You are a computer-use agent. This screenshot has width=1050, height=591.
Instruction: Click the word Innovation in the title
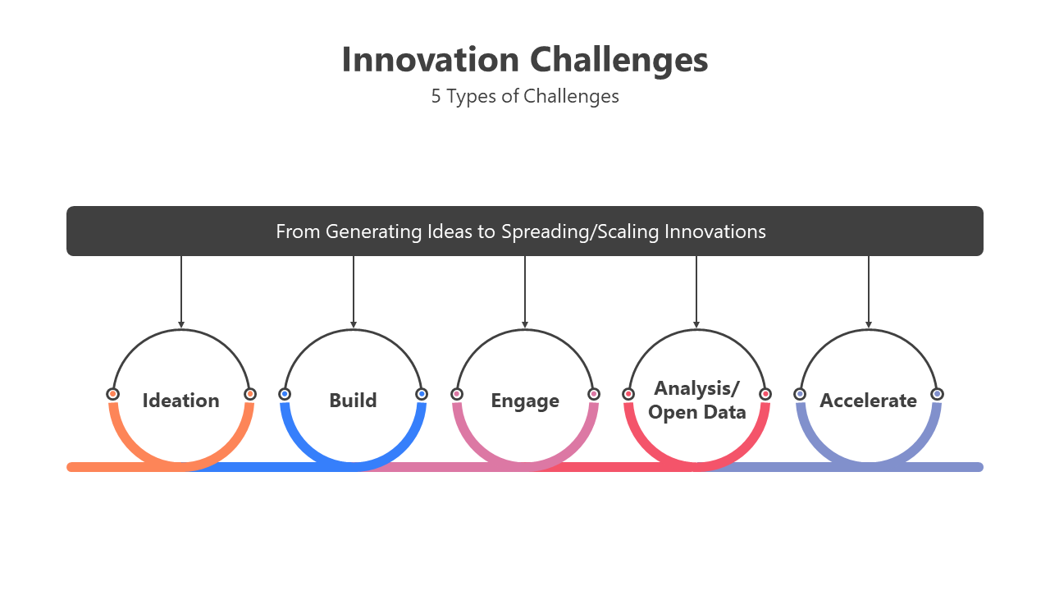431,60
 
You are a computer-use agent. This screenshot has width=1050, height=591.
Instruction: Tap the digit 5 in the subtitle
436,96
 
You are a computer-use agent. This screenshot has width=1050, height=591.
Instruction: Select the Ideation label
181,401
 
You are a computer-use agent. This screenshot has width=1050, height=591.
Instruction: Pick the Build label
353,401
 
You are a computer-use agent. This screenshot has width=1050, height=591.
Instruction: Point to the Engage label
525,401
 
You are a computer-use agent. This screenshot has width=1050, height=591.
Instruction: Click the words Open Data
697,413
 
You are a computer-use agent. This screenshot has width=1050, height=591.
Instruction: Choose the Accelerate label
868,401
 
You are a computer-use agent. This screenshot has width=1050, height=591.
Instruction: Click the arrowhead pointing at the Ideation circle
181,324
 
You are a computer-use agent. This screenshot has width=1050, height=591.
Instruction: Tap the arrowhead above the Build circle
354,324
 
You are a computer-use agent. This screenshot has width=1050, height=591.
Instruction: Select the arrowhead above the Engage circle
525,324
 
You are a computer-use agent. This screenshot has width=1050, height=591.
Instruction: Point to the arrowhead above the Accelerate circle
869,324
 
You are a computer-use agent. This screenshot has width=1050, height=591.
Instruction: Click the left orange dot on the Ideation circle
112,394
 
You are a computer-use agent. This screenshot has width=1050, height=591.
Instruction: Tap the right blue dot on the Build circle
422,394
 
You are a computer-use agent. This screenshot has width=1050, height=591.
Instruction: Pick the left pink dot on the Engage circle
457,394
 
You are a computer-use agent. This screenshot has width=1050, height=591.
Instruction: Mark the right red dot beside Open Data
765,394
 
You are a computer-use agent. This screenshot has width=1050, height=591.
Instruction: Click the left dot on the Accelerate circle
800,394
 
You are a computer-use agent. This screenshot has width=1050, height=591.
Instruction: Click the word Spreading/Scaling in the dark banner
580,232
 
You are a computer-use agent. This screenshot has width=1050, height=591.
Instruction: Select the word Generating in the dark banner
373,232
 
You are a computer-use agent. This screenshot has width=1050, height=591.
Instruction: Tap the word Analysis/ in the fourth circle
697,389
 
